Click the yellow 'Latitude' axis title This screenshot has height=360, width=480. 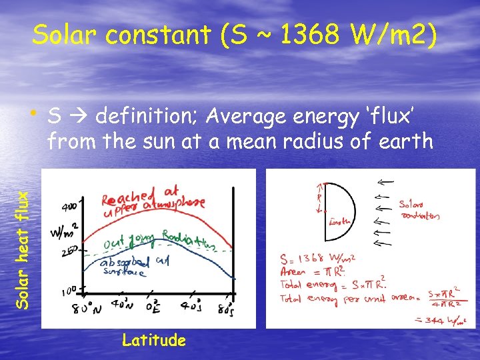tap(153, 341)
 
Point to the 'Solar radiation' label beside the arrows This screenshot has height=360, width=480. tap(419, 210)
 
